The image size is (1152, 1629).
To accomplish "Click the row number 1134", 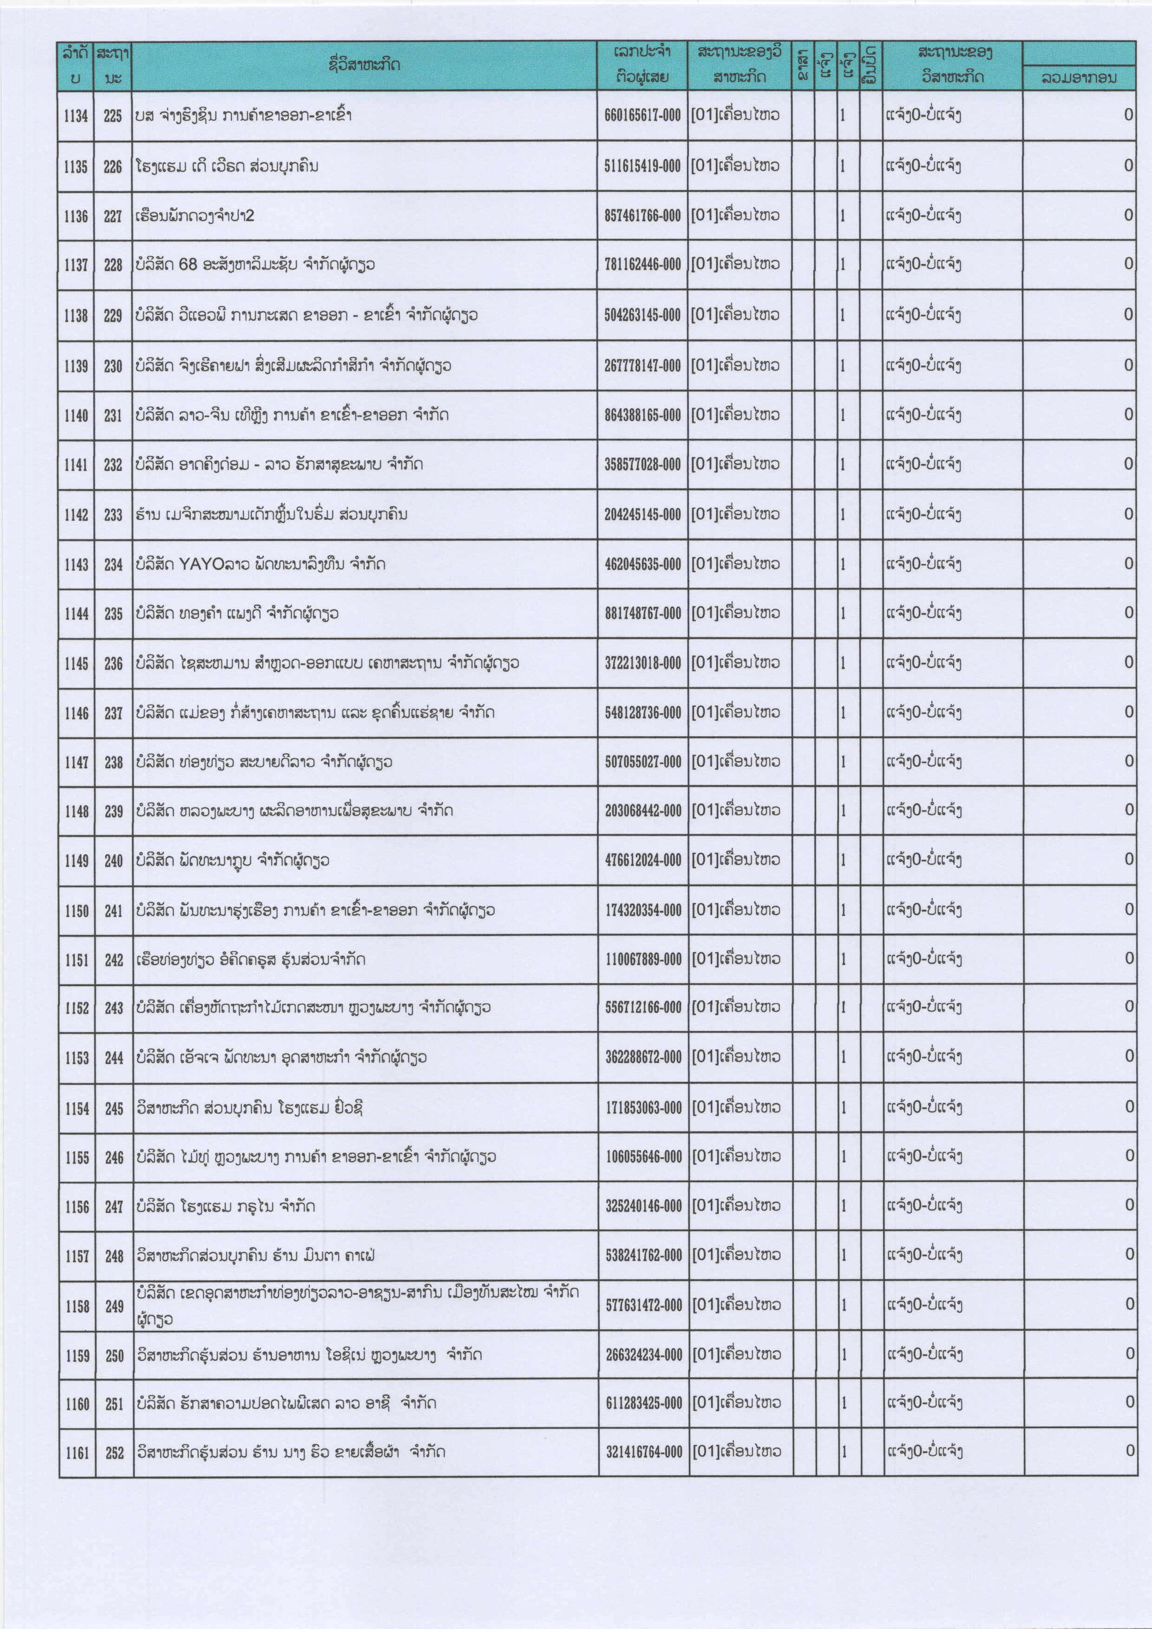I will point(76,116).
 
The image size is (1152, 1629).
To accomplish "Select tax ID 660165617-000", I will point(642,116).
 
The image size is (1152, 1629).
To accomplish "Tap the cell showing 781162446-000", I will point(642,265).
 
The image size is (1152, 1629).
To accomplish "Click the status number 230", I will point(113,366).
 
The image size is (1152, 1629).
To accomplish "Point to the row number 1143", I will point(76,565).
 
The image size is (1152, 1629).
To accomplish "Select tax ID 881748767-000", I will point(642,614).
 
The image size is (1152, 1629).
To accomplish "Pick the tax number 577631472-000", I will point(643,1305).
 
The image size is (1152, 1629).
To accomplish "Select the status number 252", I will point(114,1453).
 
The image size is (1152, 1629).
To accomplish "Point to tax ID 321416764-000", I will point(643,1452).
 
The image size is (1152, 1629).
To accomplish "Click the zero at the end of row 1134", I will point(1128,115).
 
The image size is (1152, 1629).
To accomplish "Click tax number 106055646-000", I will point(643,1157).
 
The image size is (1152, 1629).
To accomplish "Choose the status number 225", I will point(113,116).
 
